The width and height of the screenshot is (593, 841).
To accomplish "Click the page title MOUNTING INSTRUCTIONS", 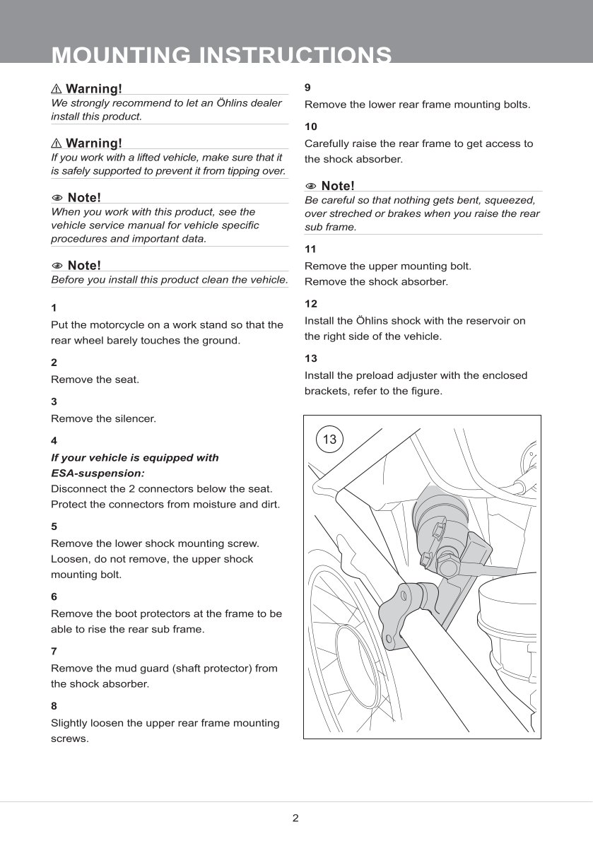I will coord(222,55).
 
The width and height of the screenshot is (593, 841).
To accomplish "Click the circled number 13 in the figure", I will coord(329,440).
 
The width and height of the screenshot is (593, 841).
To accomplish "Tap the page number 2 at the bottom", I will coord(295,818).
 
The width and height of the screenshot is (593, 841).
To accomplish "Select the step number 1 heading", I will coord(54,308).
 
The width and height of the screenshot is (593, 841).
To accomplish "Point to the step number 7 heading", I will coord(54,651).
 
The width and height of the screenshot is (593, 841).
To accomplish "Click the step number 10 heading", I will coord(311,127).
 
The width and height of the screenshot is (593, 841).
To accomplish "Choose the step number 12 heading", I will coord(311,304).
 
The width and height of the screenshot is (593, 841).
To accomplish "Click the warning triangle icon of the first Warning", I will coord(57,89).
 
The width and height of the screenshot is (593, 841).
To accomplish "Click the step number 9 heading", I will coord(307,88).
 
